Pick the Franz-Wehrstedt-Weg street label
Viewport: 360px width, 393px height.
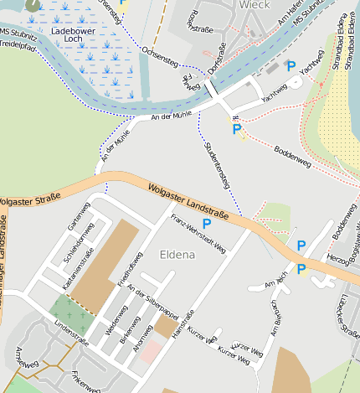[x=198, y=233]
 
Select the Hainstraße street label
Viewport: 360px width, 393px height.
[x=183, y=324]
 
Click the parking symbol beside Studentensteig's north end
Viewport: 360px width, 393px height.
[x=237, y=129]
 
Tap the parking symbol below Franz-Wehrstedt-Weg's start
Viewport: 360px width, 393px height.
[x=207, y=223]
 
